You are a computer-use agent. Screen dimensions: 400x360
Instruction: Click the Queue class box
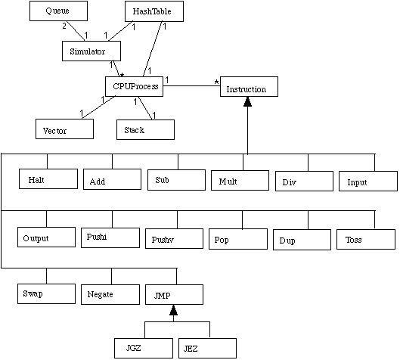pos(58,11)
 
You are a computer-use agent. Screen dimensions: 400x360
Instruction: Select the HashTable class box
pos(154,11)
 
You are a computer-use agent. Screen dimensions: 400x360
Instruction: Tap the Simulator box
pos(91,51)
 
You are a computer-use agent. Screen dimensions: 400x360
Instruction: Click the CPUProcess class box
pos(134,86)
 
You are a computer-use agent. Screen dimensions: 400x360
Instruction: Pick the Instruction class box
pos(249,86)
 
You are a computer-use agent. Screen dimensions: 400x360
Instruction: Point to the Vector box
pos(64,129)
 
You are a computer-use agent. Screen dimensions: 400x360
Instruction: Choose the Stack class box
pos(145,129)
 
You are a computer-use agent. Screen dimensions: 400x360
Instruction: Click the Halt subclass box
pos(48,178)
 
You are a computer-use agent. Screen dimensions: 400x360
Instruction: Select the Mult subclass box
pos(240,181)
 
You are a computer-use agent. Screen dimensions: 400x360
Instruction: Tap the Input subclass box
pos(368,182)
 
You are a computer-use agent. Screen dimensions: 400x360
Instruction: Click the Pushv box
pos(174,238)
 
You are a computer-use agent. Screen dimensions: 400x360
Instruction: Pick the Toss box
pos(366,239)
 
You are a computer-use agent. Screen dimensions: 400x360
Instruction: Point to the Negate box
pos(110,294)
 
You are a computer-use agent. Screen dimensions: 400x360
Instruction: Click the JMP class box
pos(174,295)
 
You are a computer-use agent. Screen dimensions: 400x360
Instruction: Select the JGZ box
pos(144,348)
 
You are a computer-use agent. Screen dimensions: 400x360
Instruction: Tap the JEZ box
pos(207,348)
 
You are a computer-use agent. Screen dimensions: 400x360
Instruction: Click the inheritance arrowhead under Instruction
pos(247,101)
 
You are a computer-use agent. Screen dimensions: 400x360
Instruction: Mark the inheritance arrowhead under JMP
pos(173,310)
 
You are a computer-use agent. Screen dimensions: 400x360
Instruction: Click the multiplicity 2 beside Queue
pos(64,26)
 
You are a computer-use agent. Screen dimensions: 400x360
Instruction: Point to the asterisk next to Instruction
pos(216,82)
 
